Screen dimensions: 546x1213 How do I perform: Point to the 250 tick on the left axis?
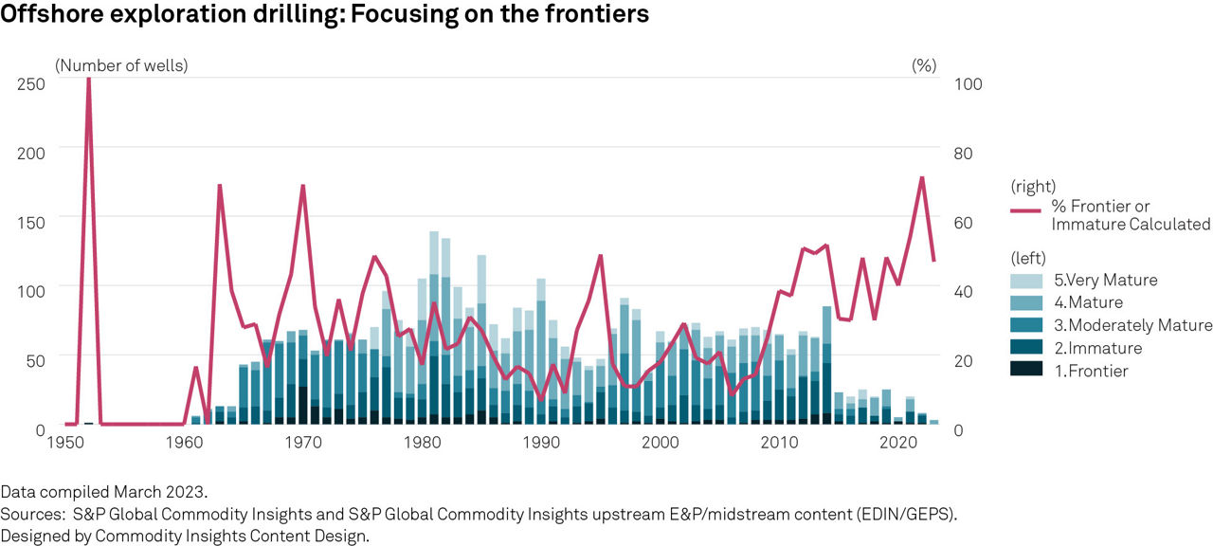[x=31, y=83]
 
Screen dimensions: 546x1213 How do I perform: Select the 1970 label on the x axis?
[x=303, y=443]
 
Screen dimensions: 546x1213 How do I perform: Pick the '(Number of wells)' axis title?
[x=121, y=65]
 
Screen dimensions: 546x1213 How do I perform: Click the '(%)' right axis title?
[x=924, y=65]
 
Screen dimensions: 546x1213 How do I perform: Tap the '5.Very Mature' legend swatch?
[x=1025, y=281]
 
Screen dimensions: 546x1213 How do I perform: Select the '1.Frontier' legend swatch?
[x=1025, y=371]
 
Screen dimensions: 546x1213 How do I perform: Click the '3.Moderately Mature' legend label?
[x=1132, y=325]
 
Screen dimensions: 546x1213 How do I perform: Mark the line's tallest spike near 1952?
[x=88, y=80]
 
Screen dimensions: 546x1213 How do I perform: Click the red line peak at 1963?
[x=219, y=186]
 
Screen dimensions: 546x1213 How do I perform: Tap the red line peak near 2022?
[x=921, y=177]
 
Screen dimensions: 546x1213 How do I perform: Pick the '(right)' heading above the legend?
[x=1033, y=186]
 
